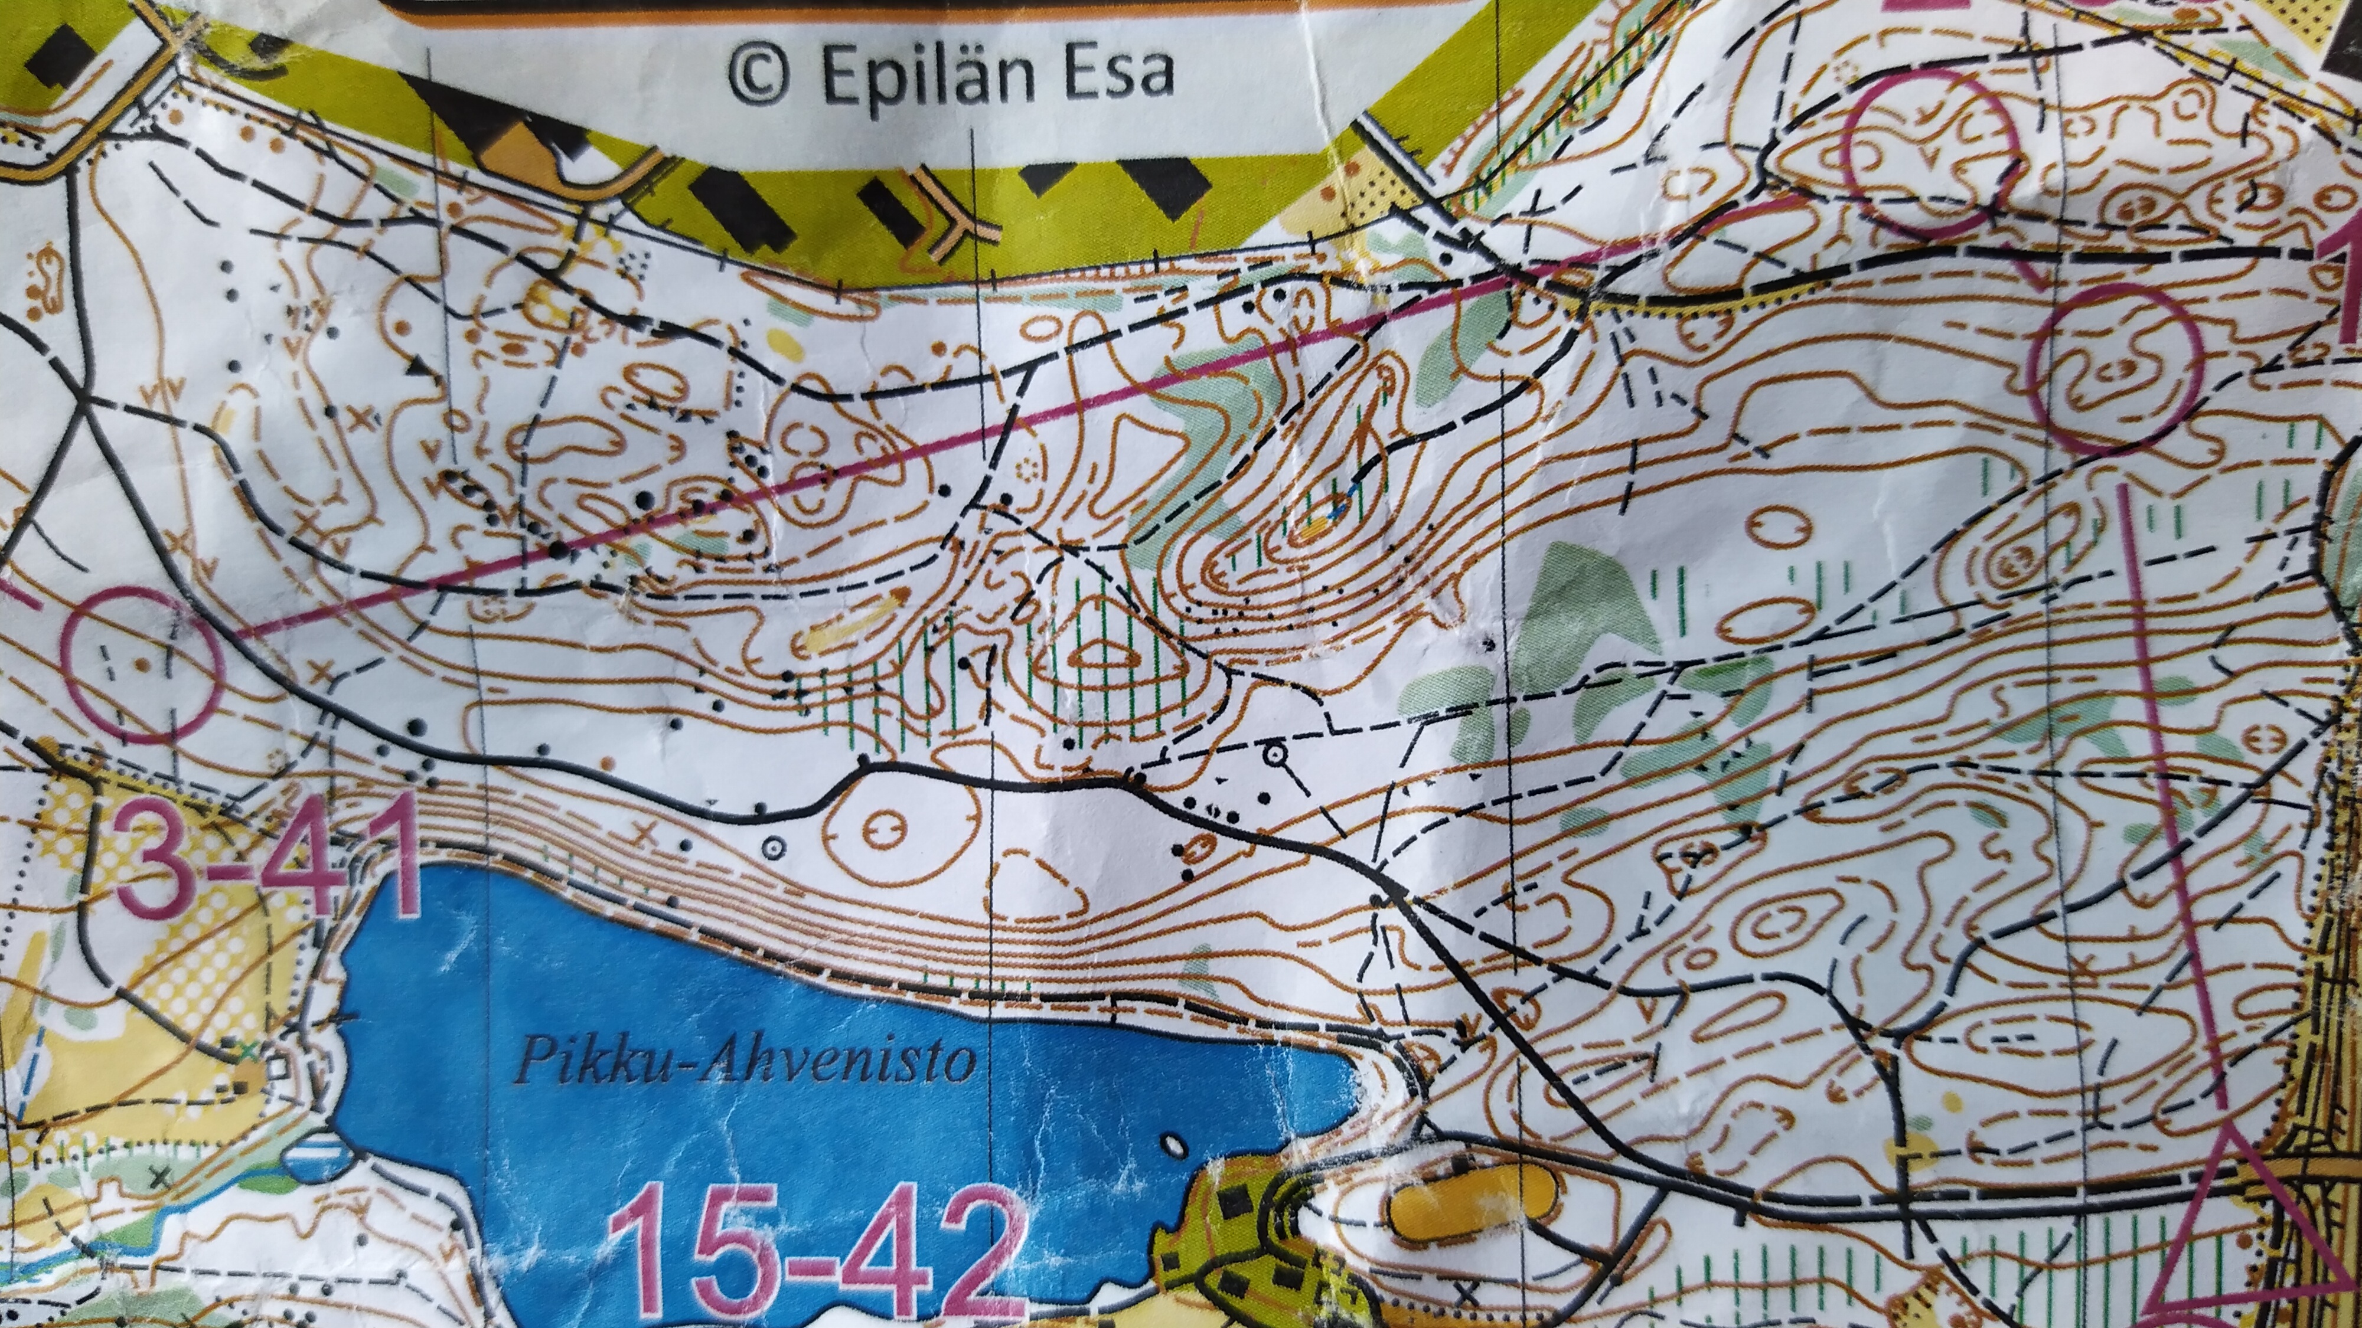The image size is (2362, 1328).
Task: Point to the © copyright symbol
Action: coord(760,75)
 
